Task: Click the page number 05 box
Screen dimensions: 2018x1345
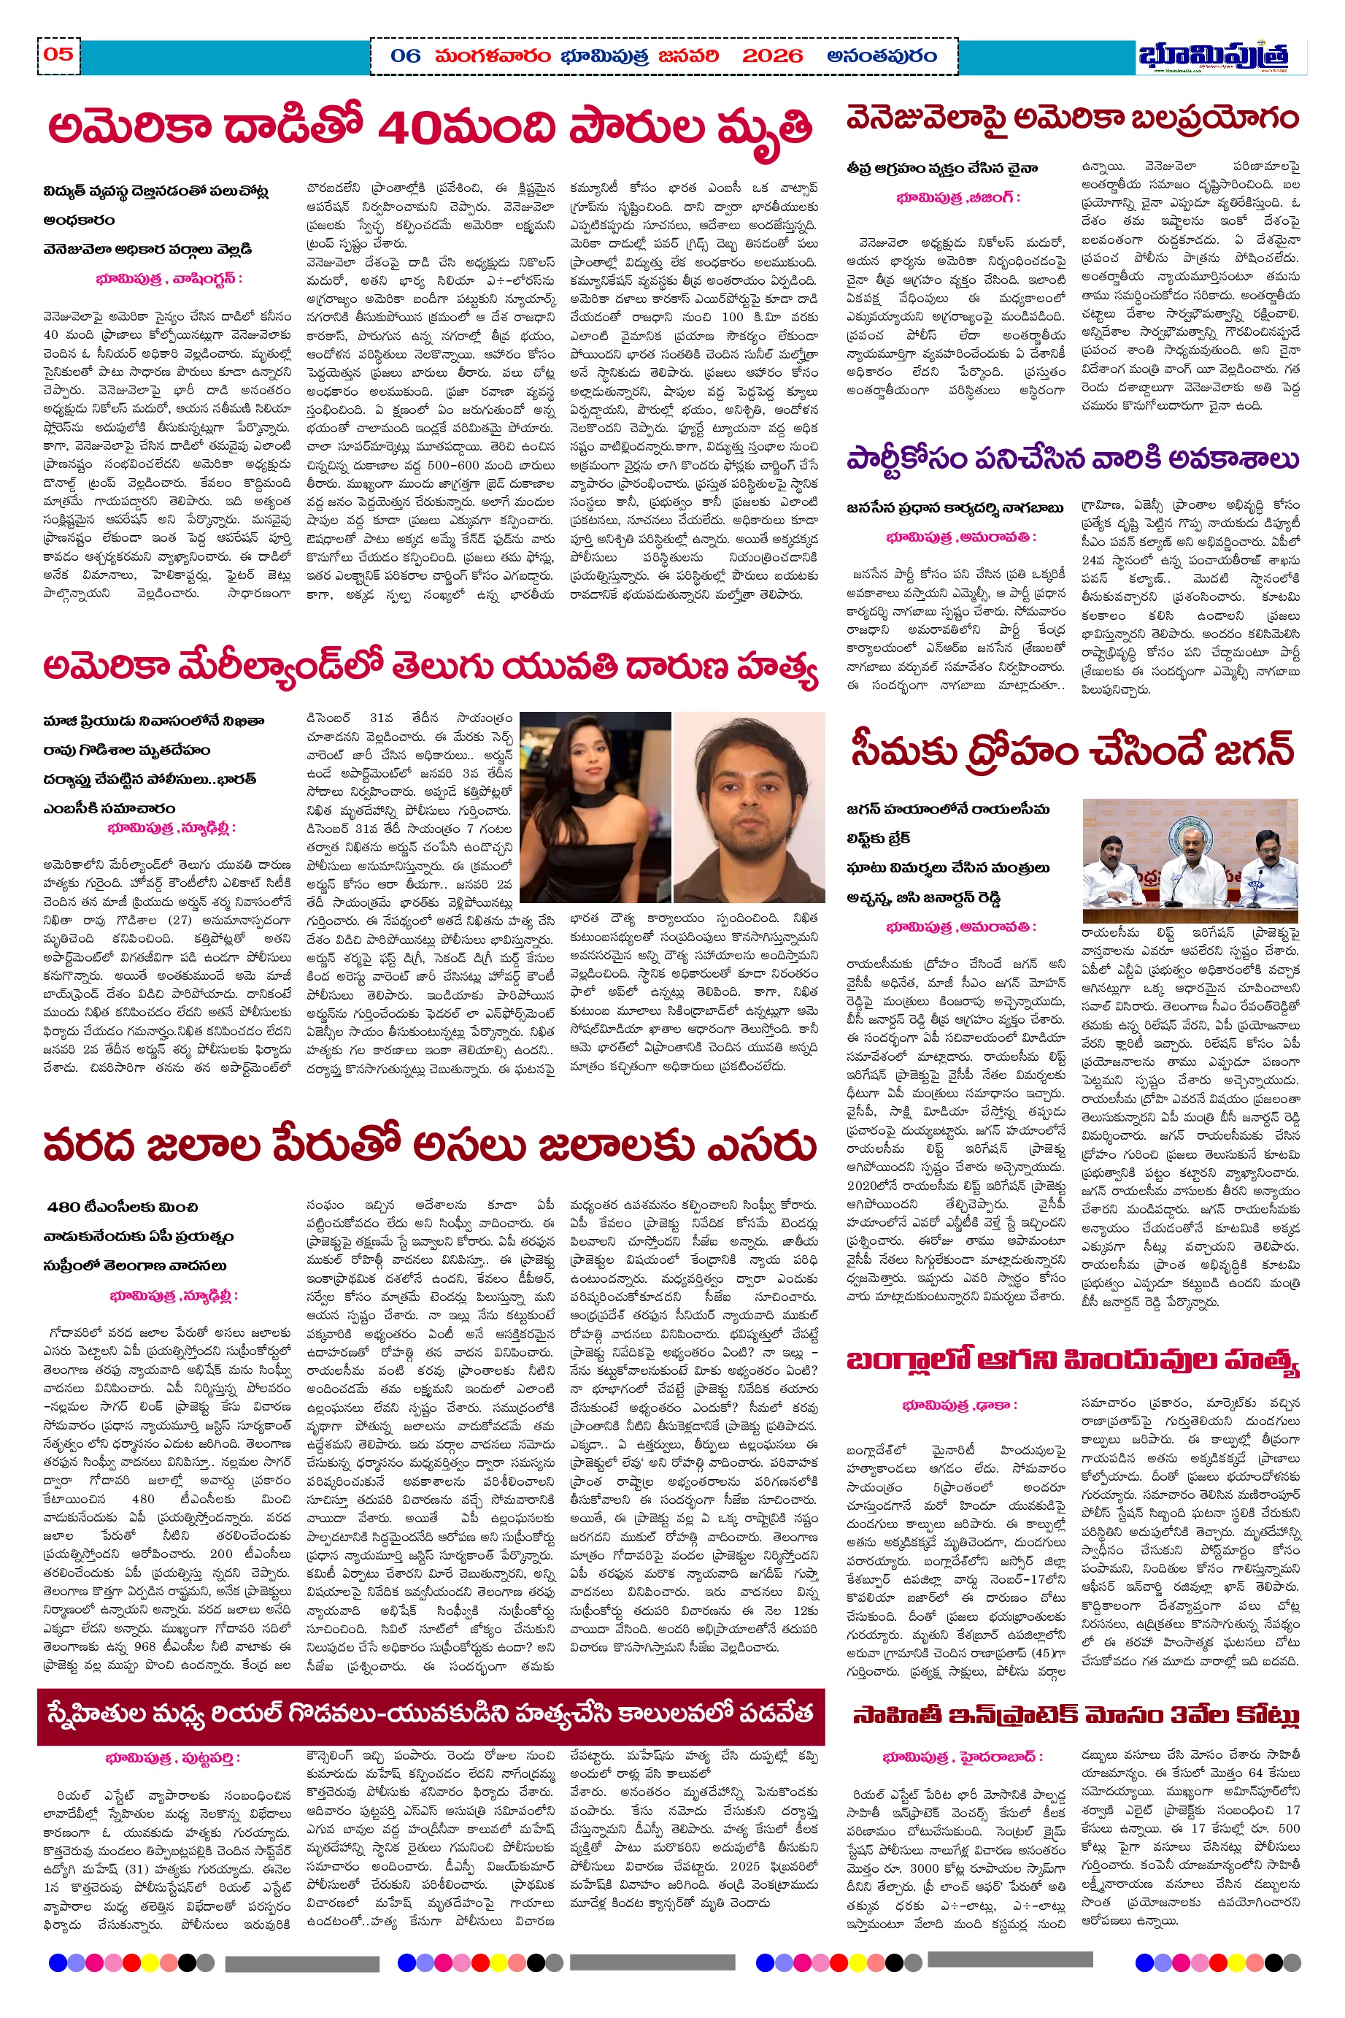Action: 58,55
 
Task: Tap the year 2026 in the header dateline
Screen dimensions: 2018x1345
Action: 772,57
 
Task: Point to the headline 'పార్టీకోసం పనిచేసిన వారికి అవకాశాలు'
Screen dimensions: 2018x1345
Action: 1072,459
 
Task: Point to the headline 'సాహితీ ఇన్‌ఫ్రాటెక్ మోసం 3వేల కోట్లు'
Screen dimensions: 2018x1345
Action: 1076,1715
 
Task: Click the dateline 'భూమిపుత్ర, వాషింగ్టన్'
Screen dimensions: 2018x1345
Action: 169,279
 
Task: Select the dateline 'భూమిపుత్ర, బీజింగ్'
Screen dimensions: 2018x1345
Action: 958,198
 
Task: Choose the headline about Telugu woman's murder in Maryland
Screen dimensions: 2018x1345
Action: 429,668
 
